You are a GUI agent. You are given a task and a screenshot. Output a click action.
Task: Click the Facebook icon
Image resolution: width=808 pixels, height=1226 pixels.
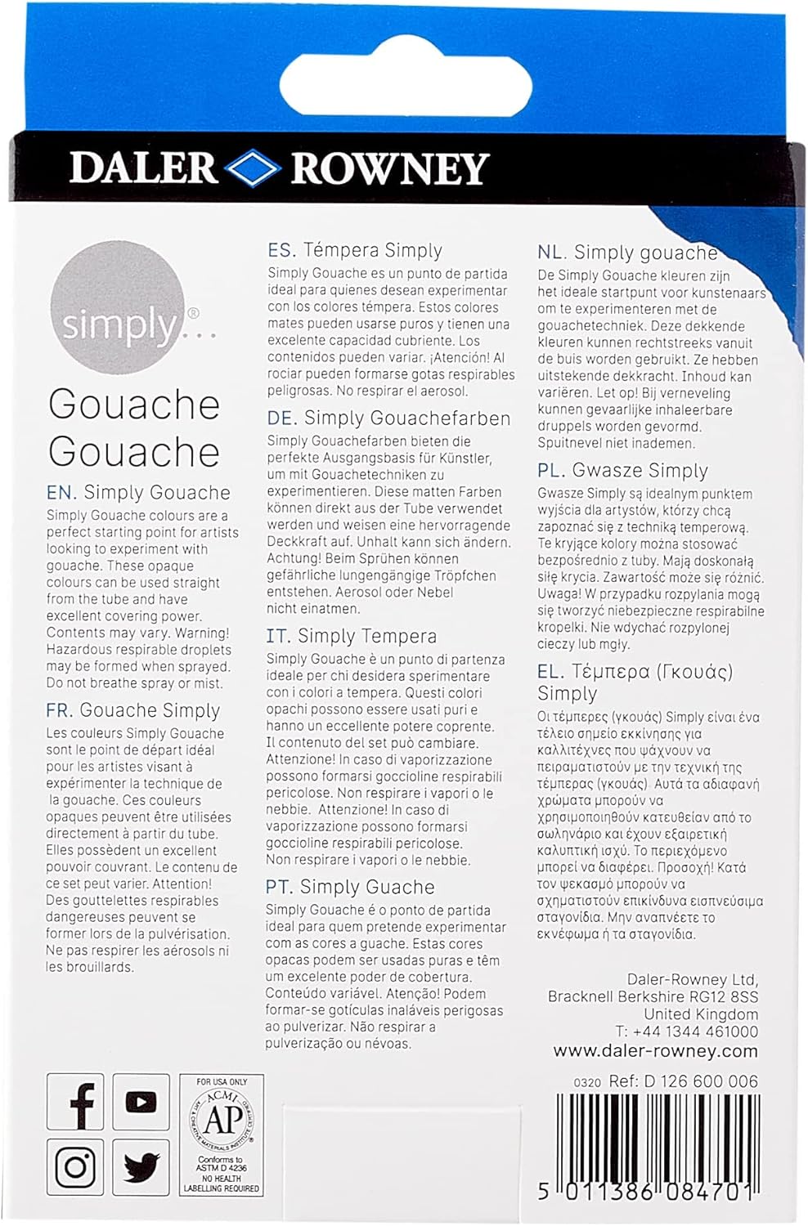[x=75, y=1103]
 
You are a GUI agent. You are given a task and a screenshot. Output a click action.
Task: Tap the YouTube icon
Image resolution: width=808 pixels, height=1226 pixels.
[x=141, y=1102]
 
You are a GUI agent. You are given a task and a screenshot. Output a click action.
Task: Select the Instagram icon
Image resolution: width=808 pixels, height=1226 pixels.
[x=75, y=1166]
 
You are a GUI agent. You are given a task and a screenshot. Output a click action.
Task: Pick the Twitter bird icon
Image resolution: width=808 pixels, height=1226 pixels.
[x=141, y=1166]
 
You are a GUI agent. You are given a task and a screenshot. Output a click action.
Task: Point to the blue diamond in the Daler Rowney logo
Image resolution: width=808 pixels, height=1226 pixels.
[x=254, y=168]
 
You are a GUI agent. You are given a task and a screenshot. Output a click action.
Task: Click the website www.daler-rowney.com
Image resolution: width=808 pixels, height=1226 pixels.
[x=655, y=1051]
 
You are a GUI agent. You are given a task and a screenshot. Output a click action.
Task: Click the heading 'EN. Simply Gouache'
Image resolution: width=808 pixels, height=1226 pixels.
[x=138, y=493]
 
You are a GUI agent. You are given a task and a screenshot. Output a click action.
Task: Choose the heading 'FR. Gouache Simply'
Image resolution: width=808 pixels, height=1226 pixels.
[x=133, y=710]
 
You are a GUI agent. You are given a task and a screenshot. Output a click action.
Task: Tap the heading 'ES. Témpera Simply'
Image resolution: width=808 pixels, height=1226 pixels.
[x=355, y=251]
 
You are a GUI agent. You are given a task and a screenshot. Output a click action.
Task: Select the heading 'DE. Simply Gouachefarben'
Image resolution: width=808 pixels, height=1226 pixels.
[x=388, y=418]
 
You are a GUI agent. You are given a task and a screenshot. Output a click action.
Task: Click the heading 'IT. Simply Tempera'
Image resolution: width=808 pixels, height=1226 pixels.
[x=351, y=636]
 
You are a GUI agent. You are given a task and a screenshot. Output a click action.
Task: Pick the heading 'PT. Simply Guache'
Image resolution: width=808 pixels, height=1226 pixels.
[x=350, y=887]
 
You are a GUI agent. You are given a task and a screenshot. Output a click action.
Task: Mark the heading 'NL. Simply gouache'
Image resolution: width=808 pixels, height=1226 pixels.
[x=627, y=253]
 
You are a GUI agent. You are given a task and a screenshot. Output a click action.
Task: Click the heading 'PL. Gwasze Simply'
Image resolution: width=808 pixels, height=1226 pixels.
[x=622, y=471]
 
